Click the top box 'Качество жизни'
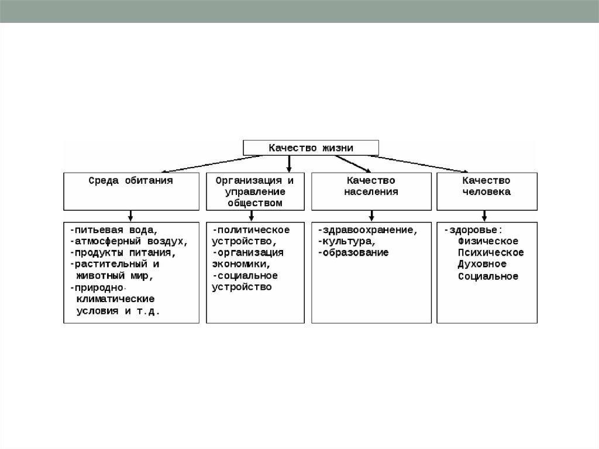coord(311,148)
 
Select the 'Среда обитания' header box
coord(130,190)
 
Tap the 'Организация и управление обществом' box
coord(255,191)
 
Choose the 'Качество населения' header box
coord(371,191)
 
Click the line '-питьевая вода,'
coord(113,229)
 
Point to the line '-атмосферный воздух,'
coord(128,241)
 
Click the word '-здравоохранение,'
coord(367,229)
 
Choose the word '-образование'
coord(353,252)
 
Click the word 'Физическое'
coord(488,241)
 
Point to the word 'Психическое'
coord(491,252)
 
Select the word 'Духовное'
coord(482,264)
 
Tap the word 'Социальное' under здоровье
coord(488,276)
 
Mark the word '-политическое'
coord(251,229)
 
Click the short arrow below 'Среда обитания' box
coord(130,215)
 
